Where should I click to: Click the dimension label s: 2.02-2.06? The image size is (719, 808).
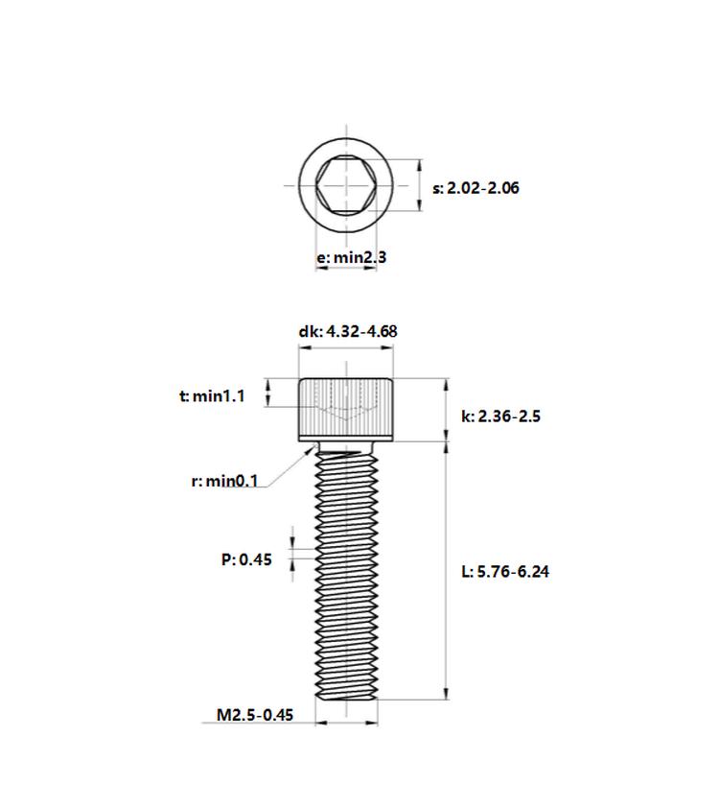point(475,188)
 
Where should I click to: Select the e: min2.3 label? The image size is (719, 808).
point(351,256)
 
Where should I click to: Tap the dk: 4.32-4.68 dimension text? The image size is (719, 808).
point(348,331)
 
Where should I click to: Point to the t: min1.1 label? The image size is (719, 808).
point(212,396)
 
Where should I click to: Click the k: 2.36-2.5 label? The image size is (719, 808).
point(500,416)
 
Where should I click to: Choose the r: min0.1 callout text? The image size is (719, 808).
point(224,482)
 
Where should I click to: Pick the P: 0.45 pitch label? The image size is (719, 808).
point(246,559)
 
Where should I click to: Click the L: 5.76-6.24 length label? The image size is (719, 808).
point(505,572)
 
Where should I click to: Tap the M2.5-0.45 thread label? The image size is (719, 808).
point(255,715)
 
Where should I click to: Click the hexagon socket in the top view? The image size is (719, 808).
point(346,185)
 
